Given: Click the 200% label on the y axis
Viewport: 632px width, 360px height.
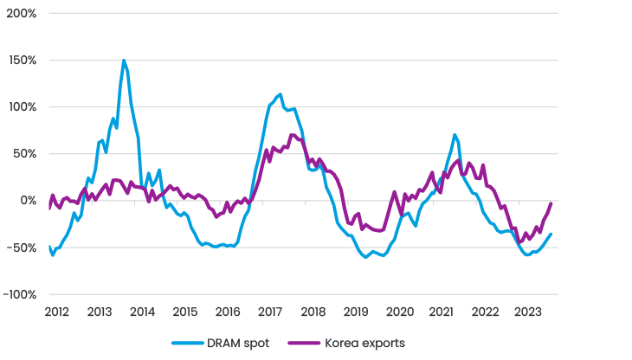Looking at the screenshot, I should [x=21, y=15].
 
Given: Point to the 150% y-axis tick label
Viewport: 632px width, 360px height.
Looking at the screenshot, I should [x=22, y=61].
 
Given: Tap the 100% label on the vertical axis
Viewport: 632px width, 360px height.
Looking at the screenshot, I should [x=22, y=107].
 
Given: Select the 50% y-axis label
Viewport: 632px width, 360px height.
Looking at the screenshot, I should [x=24, y=154].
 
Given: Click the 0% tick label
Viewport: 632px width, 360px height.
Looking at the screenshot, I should [x=28, y=201].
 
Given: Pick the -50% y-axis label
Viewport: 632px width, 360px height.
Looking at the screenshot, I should [x=23, y=247].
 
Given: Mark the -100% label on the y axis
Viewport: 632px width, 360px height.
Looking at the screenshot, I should [x=20, y=294].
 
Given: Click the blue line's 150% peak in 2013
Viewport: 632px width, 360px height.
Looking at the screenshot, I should [x=125, y=61].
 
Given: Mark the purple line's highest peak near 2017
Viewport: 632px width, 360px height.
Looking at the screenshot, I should [x=292, y=134].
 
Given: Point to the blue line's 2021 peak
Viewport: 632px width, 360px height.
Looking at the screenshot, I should [x=455, y=134].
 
